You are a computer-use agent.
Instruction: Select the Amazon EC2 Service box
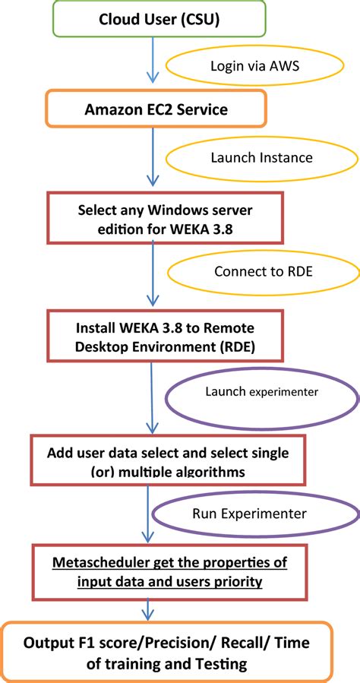[x=156, y=109]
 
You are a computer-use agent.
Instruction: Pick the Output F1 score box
[x=166, y=653]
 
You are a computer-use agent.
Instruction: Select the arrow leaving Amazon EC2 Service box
[x=153, y=157]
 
